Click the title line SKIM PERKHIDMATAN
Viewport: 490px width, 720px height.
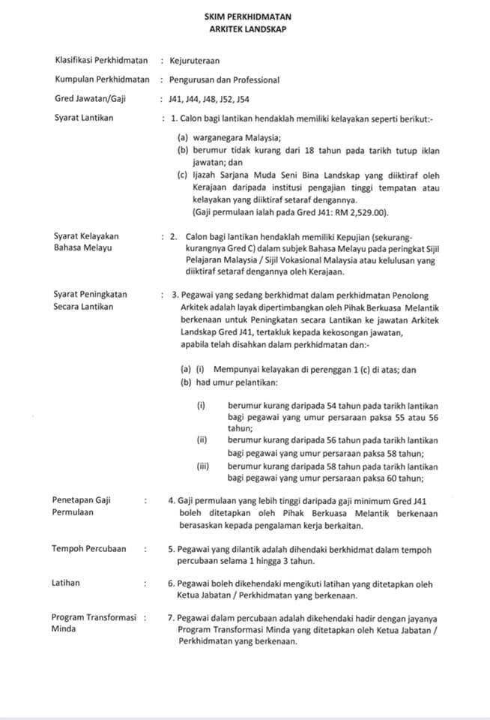coord(248,16)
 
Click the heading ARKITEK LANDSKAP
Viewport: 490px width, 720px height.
coord(248,28)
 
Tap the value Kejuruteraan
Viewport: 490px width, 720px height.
coord(195,60)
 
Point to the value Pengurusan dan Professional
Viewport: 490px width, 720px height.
coord(224,79)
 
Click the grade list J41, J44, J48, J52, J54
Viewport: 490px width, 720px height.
coord(209,98)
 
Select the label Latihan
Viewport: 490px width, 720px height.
coord(66,583)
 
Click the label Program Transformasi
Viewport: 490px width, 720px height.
coord(94,617)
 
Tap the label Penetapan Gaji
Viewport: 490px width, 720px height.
coord(81,500)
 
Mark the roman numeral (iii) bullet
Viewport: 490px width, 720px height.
coord(202,466)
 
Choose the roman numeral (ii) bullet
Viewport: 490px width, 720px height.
coord(202,440)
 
